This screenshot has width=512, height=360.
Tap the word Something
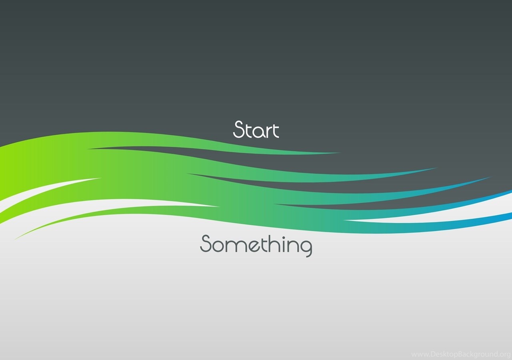click(256, 246)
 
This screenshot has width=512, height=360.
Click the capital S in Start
click(239, 129)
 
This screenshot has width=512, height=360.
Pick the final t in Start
click(276, 130)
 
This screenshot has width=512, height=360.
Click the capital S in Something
click(206, 244)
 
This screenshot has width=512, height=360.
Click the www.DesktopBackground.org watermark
click(461, 354)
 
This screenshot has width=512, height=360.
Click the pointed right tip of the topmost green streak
click(341, 153)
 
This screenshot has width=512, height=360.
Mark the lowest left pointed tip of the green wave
click(15, 239)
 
